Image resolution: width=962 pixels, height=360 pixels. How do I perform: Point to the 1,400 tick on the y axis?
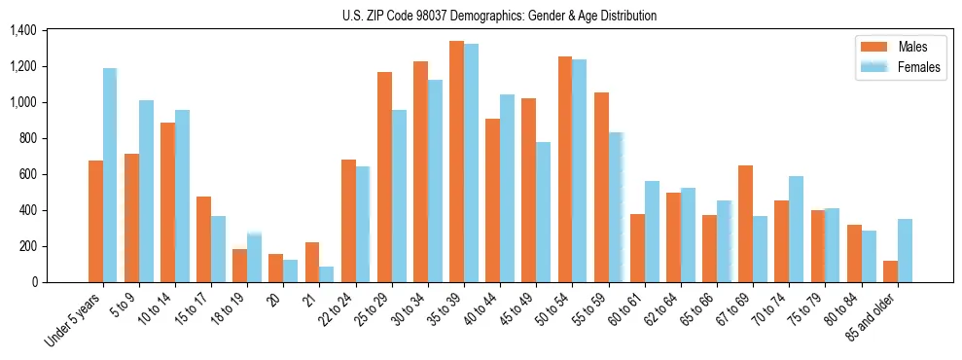pyautogui.click(x=22, y=31)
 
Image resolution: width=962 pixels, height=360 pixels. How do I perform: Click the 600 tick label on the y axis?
pyautogui.click(x=27, y=175)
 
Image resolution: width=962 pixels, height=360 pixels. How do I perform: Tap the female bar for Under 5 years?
pyautogui.click(x=110, y=175)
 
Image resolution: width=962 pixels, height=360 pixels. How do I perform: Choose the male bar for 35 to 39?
pyautogui.click(x=456, y=162)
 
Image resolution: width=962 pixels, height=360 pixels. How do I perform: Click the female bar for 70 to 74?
pyautogui.click(x=796, y=230)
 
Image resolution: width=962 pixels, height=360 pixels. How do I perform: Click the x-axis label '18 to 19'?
pyautogui.click(x=234, y=309)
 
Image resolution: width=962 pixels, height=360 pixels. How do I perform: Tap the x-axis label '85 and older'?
pyautogui.click(x=873, y=316)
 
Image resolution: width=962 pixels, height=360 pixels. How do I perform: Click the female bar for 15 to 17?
pyautogui.click(x=219, y=249)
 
